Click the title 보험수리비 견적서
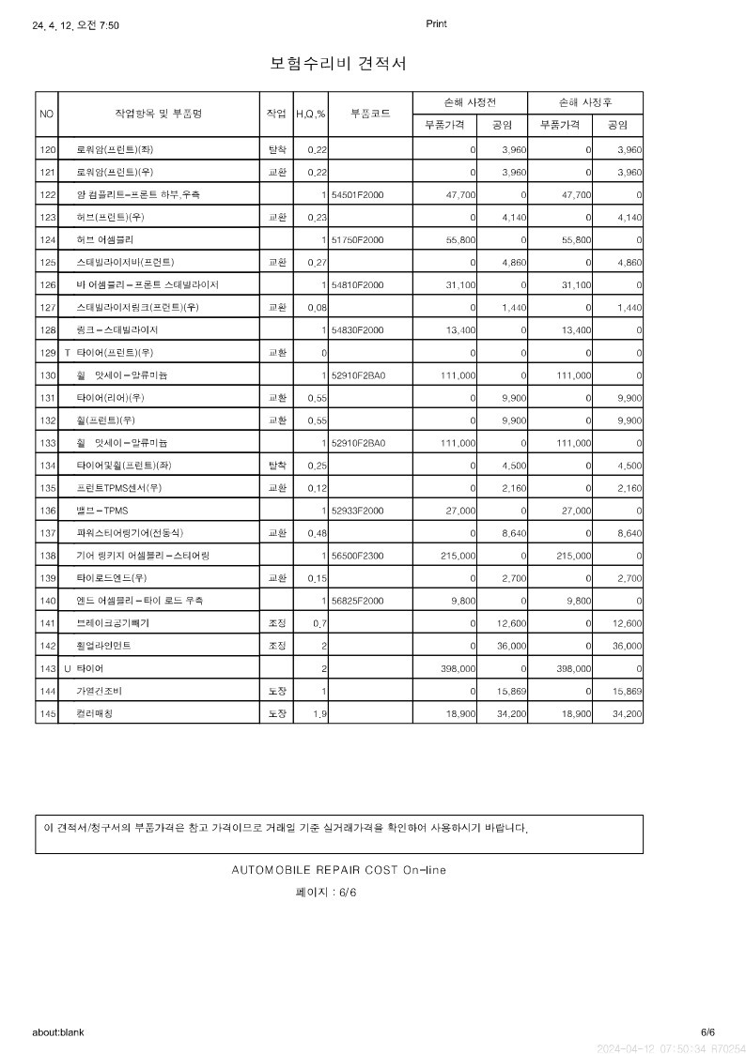click(338, 64)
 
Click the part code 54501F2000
click(358, 195)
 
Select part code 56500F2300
click(358, 556)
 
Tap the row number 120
click(47, 150)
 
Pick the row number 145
click(47, 714)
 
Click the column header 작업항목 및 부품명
click(158, 114)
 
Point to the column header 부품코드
click(370, 114)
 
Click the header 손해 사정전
click(470, 102)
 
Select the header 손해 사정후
click(585, 102)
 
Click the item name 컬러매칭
click(94, 714)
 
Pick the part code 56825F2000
click(358, 601)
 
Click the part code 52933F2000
click(358, 511)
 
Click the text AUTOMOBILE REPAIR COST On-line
click(338, 870)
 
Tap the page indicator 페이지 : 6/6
click(326, 893)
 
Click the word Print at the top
click(436, 24)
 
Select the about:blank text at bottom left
click(58, 1032)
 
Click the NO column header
click(47, 114)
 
